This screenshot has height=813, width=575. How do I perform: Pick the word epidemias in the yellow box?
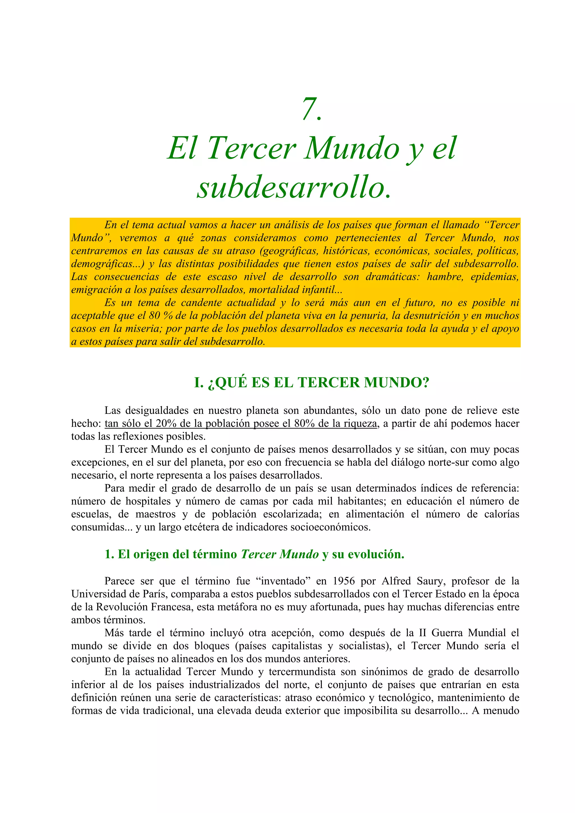pyautogui.click(x=495, y=277)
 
